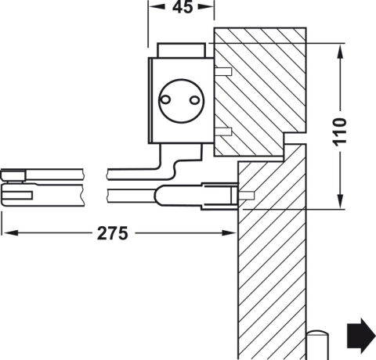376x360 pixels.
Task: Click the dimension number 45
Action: point(183,7)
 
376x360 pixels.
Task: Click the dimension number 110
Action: point(339,131)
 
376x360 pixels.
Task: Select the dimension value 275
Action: point(113,233)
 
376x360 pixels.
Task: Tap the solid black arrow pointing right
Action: point(361,336)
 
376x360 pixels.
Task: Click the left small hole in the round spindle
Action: point(165,99)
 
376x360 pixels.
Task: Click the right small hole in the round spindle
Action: point(194,100)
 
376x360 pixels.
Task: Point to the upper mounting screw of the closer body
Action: point(223,71)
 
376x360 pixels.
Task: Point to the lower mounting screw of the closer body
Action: point(223,131)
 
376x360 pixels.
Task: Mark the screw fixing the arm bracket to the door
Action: point(246,196)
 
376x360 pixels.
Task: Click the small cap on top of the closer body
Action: point(181,50)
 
